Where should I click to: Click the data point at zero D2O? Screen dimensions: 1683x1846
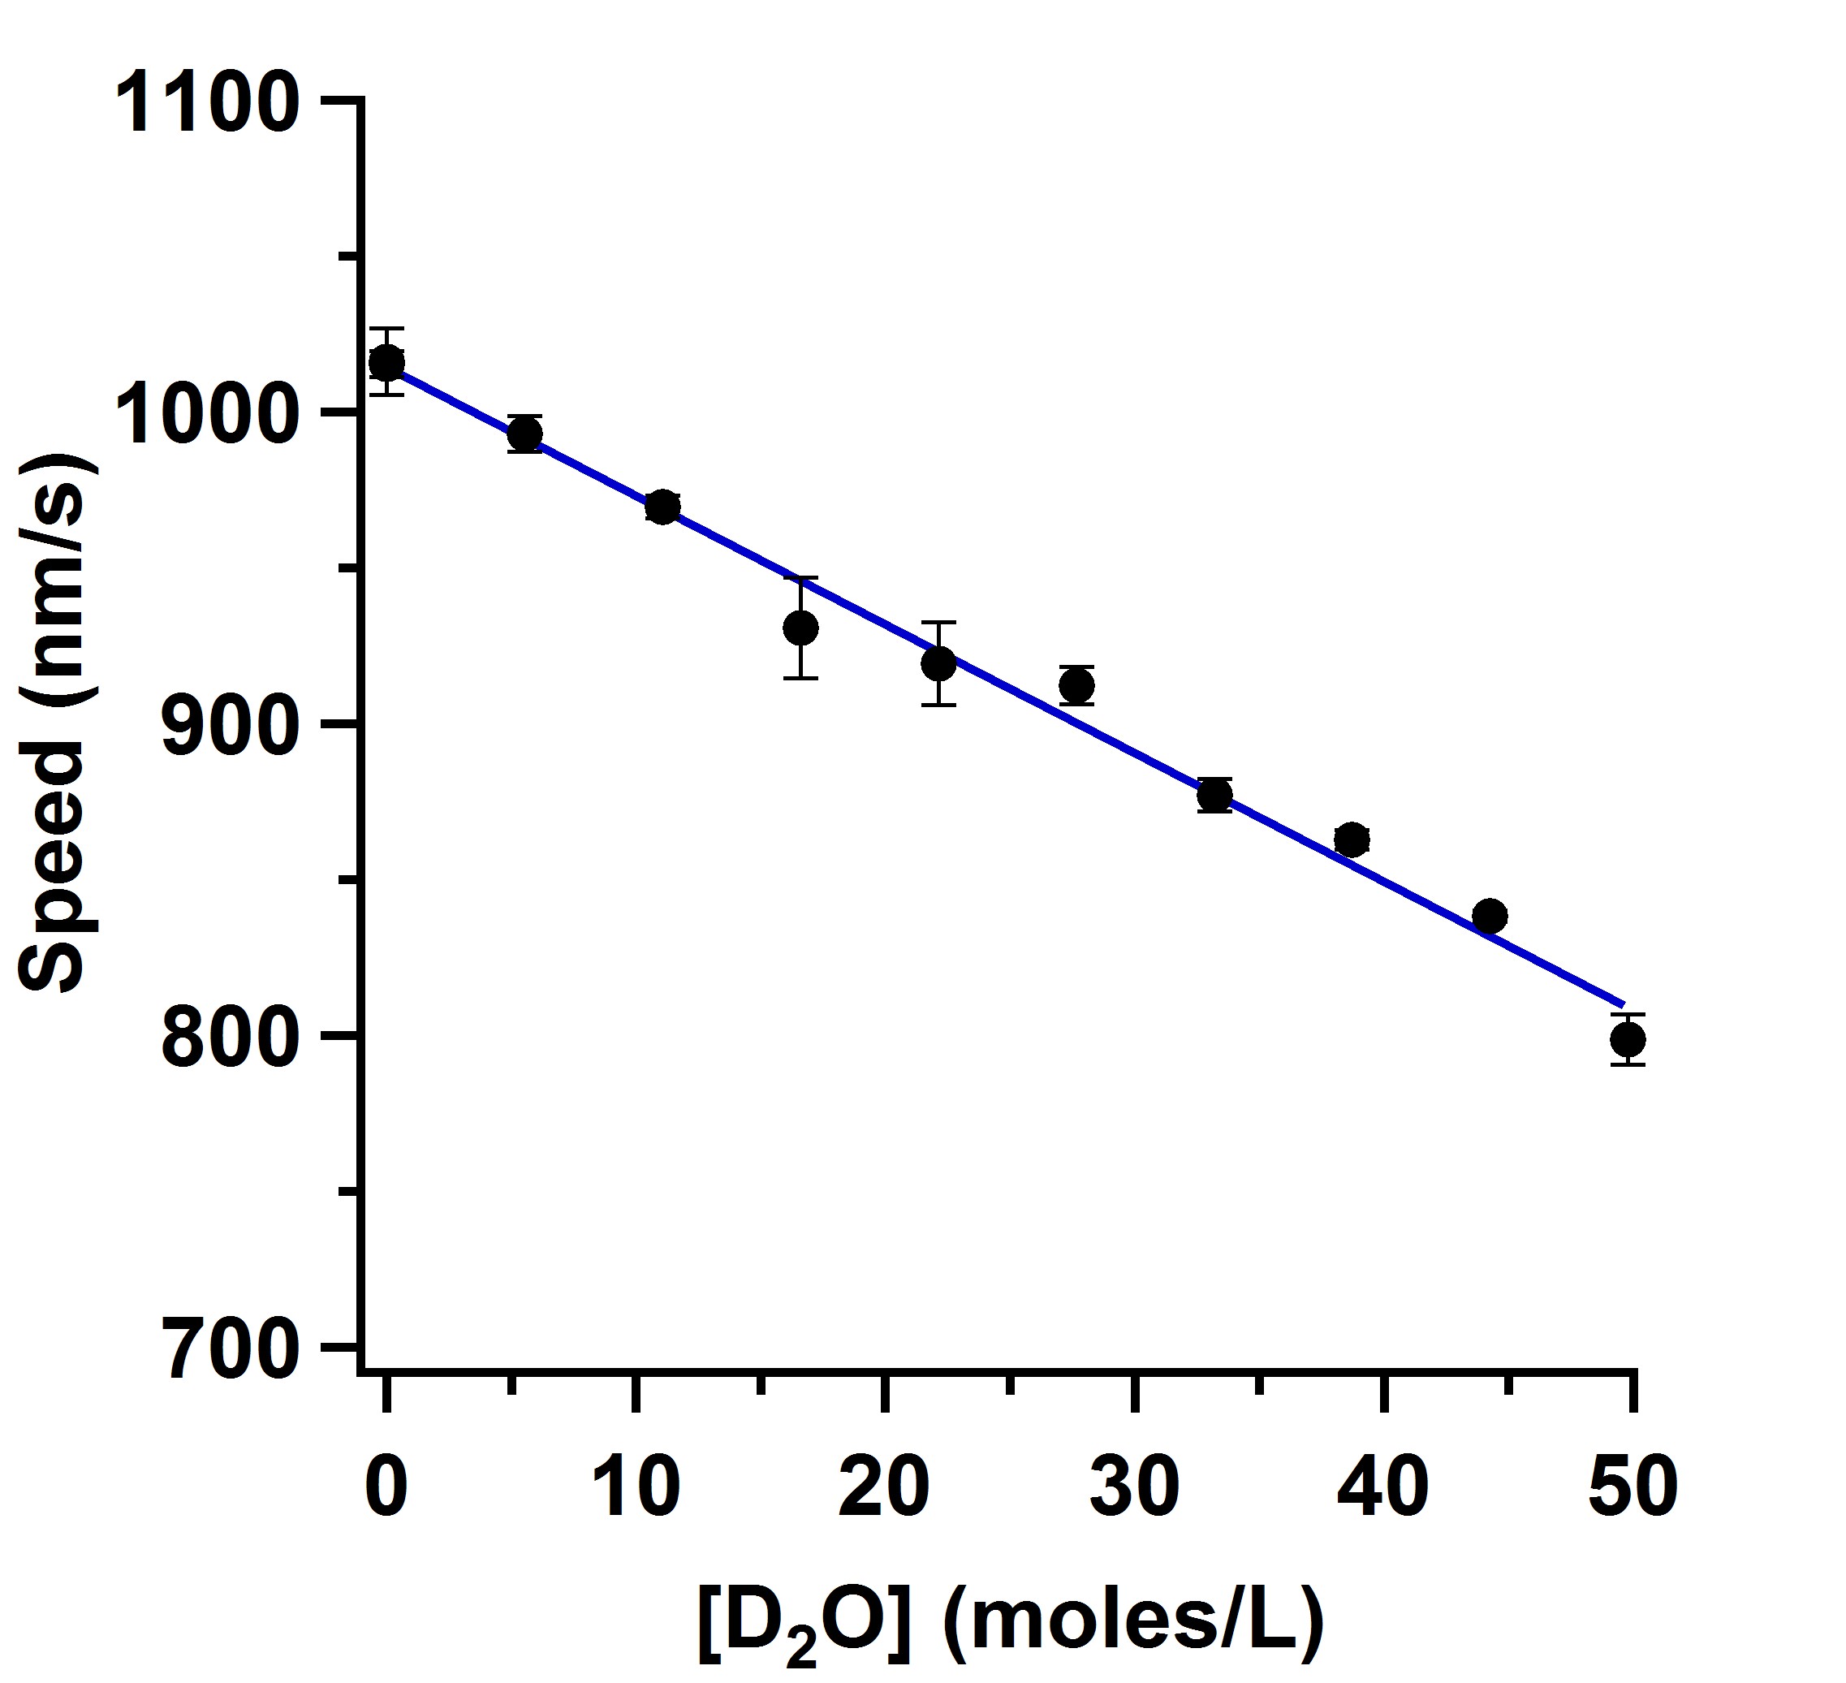coord(386,363)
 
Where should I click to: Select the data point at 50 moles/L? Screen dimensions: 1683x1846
coord(1628,1039)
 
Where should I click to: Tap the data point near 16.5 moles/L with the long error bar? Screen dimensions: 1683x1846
coord(800,628)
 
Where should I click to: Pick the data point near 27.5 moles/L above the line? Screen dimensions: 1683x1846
coord(1076,685)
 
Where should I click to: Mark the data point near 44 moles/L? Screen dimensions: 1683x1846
coord(1490,916)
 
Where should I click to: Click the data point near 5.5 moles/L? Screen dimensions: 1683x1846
coord(524,434)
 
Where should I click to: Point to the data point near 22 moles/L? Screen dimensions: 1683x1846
coord(938,663)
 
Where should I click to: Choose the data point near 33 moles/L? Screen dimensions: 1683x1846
coord(1214,796)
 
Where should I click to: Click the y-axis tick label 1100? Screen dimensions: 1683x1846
coord(209,105)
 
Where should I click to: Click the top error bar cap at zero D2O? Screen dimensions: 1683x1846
coord(386,328)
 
